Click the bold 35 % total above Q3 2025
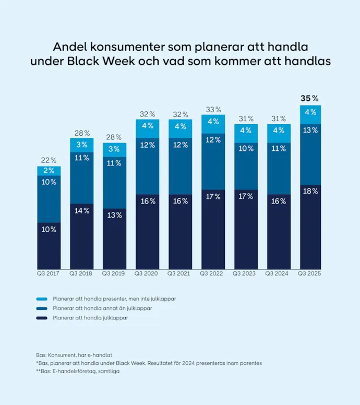tap(309, 98)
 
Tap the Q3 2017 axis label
tap(49, 273)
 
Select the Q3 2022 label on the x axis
tap(212, 273)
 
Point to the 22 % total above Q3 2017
tap(49, 160)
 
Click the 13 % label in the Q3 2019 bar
tap(114, 215)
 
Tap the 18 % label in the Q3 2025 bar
tap(310, 191)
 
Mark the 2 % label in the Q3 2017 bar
tap(49, 171)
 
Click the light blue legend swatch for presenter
tap(42, 300)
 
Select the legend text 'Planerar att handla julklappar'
tap(90, 317)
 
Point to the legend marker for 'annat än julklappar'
tap(42, 308)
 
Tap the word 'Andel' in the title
tap(70, 46)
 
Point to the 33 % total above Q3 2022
tap(212, 110)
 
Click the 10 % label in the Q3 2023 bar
tap(245, 148)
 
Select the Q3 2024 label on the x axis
tap(278, 273)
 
